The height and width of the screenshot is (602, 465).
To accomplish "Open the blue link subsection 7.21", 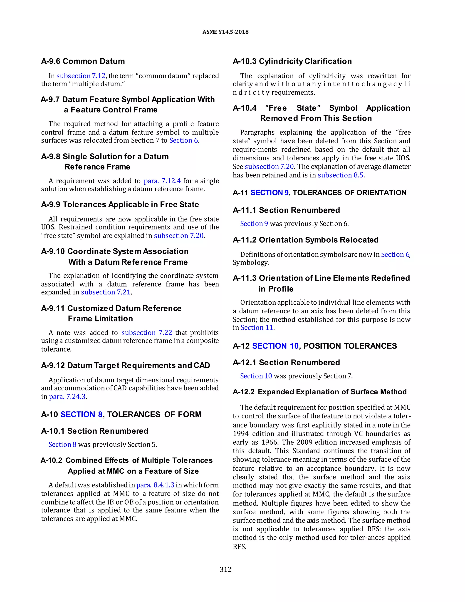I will (106, 292).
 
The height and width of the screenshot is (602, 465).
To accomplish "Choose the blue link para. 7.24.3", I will (67, 397).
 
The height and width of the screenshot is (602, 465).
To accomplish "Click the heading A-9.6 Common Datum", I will (83, 61).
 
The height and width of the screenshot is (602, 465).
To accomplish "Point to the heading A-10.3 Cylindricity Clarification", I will (292, 61).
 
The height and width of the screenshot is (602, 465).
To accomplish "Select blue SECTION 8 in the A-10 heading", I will (81, 415).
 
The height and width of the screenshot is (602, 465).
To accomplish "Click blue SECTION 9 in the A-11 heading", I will (269, 193).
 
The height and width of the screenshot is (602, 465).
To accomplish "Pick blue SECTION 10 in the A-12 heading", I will (275, 346).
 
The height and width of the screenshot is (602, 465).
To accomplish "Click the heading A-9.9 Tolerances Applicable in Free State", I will (120, 204).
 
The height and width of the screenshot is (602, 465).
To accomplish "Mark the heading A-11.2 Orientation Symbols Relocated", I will (306, 240).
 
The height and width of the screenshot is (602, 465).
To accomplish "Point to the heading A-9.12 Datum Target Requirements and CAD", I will (125, 366).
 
